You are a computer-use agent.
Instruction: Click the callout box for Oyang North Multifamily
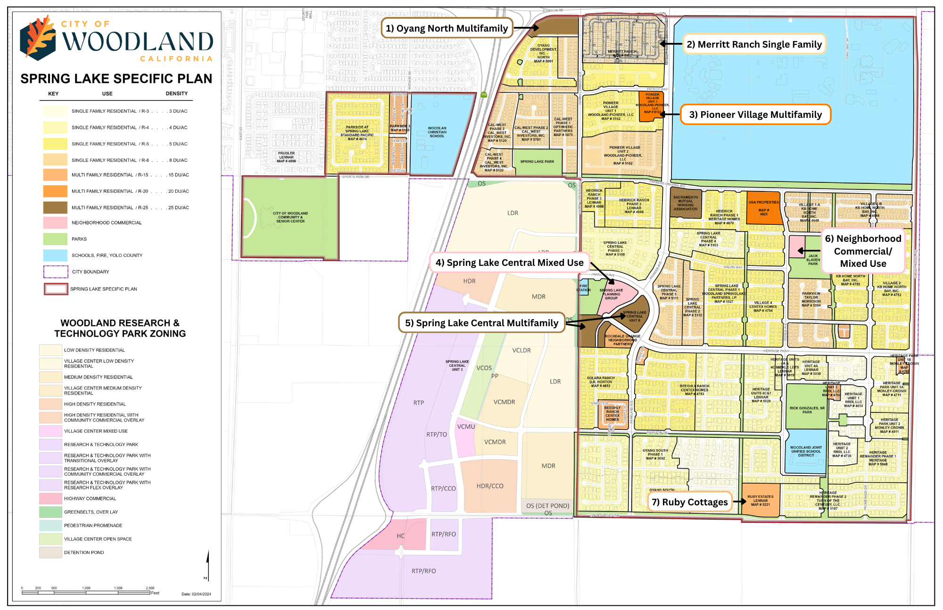pos(447,28)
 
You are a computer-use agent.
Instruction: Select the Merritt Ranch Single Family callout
pos(754,44)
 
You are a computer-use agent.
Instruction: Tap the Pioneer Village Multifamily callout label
pos(755,115)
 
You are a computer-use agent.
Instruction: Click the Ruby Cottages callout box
pos(689,502)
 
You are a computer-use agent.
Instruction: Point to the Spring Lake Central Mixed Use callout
pos(509,263)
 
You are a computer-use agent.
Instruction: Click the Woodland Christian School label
pos(437,132)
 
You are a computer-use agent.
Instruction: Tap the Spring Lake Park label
pos(537,162)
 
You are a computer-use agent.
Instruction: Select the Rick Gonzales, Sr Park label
pos(807,410)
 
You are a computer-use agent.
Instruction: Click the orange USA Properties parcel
pos(764,208)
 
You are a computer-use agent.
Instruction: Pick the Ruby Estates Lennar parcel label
pos(760,501)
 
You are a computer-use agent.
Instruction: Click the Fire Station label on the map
pos(583,288)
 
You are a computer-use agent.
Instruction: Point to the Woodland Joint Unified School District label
pos(806,451)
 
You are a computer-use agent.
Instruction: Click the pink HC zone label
pos(400,536)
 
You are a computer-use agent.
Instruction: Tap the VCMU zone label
pos(466,427)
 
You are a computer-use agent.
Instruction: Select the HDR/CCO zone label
pos(490,486)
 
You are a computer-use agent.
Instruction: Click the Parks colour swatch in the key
pos(55,239)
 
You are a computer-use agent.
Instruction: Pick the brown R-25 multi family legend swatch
pos(55,207)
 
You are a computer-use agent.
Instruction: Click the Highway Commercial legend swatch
pos(50,498)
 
